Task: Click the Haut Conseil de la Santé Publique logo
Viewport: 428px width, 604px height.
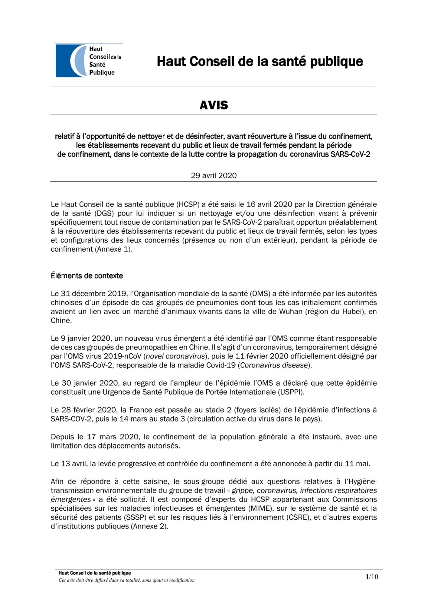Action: coord(89,60)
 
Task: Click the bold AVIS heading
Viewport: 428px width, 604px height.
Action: coord(214,105)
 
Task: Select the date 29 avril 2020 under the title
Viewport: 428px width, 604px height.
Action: coord(214,175)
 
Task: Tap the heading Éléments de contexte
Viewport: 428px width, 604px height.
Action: coord(87,276)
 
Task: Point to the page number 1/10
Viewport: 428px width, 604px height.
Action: coord(372,577)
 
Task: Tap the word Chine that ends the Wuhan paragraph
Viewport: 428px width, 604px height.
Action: coord(61,321)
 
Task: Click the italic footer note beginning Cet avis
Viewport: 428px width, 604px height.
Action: coord(126,580)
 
